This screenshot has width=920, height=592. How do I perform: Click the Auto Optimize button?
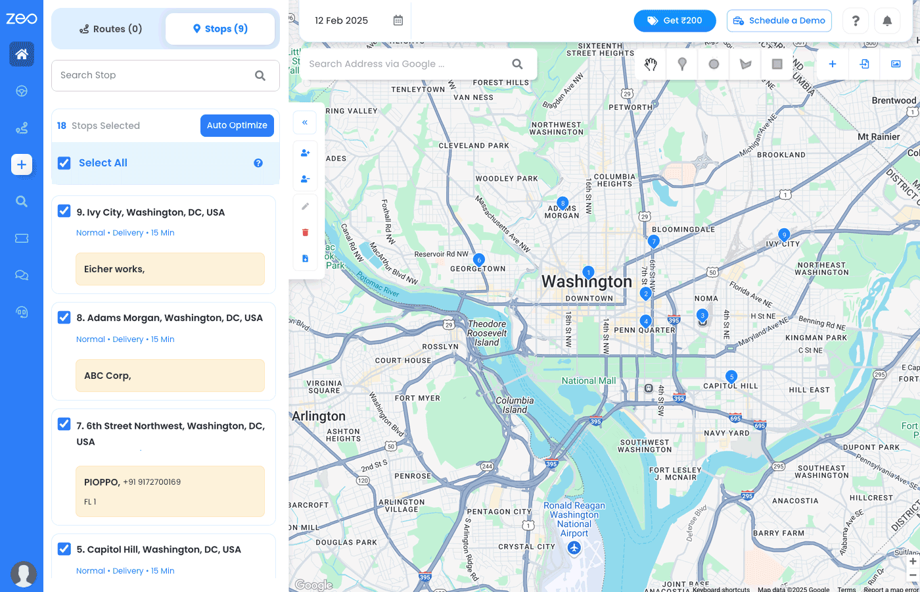[237, 126]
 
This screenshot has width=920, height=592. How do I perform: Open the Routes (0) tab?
[110, 29]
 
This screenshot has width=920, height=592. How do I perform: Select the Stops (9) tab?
[220, 29]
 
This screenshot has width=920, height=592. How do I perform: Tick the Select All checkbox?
[64, 163]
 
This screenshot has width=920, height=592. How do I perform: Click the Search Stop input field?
[154, 76]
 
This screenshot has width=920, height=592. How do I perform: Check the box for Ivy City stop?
[64, 211]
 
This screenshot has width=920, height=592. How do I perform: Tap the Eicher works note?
[170, 269]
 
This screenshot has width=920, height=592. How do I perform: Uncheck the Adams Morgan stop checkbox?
[64, 318]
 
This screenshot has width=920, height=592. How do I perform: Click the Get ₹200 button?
[674, 21]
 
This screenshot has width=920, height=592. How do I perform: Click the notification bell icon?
[886, 21]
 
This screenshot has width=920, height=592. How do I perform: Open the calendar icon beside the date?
[398, 20]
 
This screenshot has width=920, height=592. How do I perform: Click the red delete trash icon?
[305, 232]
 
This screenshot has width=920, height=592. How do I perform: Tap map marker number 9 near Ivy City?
[783, 234]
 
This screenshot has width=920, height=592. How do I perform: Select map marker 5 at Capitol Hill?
[731, 376]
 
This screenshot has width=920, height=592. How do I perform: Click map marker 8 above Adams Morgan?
[563, 203]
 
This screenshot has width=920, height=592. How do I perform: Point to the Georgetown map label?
[478, 269]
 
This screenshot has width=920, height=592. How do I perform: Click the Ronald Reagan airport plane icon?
[574, 549]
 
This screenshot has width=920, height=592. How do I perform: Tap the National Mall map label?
[589, 381]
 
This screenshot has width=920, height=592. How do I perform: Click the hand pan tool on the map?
[651, 64]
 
